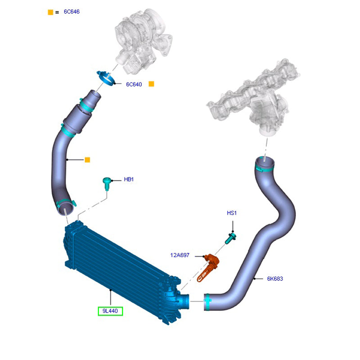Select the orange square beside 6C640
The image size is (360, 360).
click(x=152, y=84)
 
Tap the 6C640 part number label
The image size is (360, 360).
click(x=134, y=84)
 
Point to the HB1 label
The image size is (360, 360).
click(x=129, y=180)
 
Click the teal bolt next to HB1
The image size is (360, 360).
click(x=107, y=182)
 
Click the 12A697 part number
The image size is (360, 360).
click(x=180, y=255)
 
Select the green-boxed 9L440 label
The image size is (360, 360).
click(x=111, y=311)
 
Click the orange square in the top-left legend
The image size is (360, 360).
click(x=50, y=12)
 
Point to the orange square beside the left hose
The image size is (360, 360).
click(x=87, y=160)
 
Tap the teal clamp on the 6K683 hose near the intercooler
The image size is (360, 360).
click(x=207, y=301)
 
